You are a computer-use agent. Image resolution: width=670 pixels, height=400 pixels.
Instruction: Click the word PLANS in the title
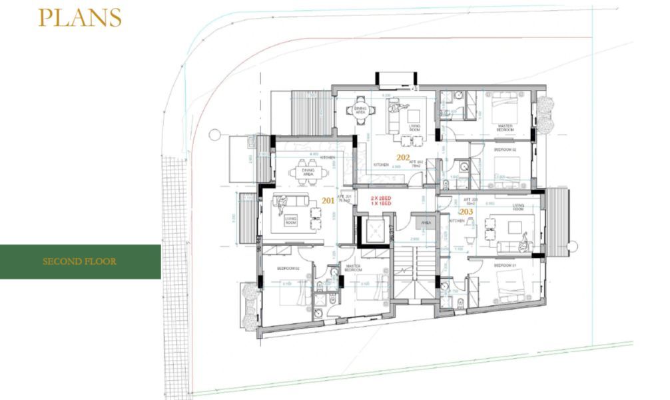pyautogui.click(x=80, y=18)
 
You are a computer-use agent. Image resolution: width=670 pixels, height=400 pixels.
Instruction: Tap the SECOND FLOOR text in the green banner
pyautogui.click(x=79, y=261)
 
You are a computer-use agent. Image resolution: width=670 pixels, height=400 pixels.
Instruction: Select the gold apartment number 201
pyautogui.click(x=328, y=200)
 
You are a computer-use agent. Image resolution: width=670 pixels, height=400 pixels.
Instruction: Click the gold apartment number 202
pyautogui.click(x=403, y=158)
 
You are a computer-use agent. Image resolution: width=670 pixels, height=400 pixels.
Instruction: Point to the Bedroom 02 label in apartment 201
pyautogui.click(x=277, y=268)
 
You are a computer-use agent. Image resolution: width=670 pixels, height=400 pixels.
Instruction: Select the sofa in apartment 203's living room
pyautogui.click(x=515, y=246)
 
